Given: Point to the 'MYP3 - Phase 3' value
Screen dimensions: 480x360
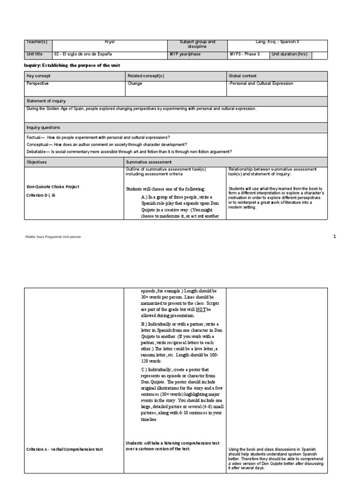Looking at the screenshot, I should click(244, 54).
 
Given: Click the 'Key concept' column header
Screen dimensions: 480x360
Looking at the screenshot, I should click(39, 75).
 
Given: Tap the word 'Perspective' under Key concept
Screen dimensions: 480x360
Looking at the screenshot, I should click(38, 83).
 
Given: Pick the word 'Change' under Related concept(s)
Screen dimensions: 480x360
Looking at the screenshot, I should click(135, 83).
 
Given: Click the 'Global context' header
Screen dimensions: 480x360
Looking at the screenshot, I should click(243, 75).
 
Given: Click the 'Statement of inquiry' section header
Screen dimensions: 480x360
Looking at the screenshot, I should click(46, 101).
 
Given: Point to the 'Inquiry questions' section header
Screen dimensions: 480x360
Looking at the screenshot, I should click(44, 127).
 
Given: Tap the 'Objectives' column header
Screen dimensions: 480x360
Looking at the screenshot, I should click(37, 162).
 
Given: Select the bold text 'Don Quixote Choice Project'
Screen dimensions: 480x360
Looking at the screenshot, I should click(53, 187).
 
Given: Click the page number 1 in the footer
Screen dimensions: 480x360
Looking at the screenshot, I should click(335, 237).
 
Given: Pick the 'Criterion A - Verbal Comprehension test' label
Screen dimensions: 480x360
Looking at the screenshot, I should click(64, 450).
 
